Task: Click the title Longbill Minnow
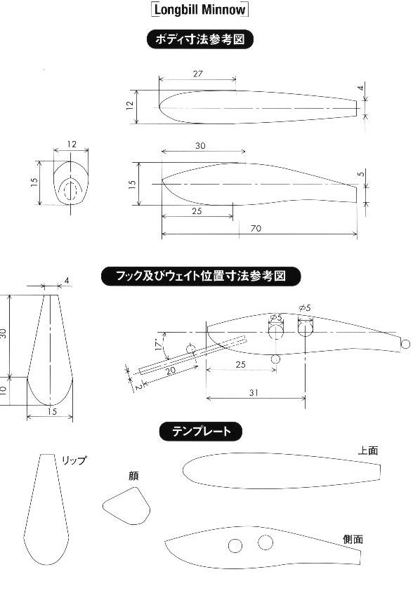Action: coord(200,9)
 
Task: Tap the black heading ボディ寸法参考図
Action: coord(199,39)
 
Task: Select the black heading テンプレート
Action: coord(201,432)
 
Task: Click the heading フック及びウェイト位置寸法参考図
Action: coord(201,276)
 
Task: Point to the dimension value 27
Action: coord(197,74)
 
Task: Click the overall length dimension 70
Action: coord(256,228)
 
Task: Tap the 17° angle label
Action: coord(159,345)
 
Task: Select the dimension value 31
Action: coord(254,392)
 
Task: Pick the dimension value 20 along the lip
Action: coord(171,371)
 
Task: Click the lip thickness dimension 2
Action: coord(138,387)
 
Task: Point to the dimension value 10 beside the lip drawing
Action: coord(3,390)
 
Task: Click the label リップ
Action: coord(74,460)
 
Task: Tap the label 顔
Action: coord(133,476)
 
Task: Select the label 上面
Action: coord(368,451)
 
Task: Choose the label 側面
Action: coord(353,539)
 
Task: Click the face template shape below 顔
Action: coord(126,506)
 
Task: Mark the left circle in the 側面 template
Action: coord(235,545)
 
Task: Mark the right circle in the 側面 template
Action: coord(265,542)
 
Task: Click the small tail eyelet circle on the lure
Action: coord(405,344)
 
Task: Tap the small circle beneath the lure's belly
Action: coord(275,359)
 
